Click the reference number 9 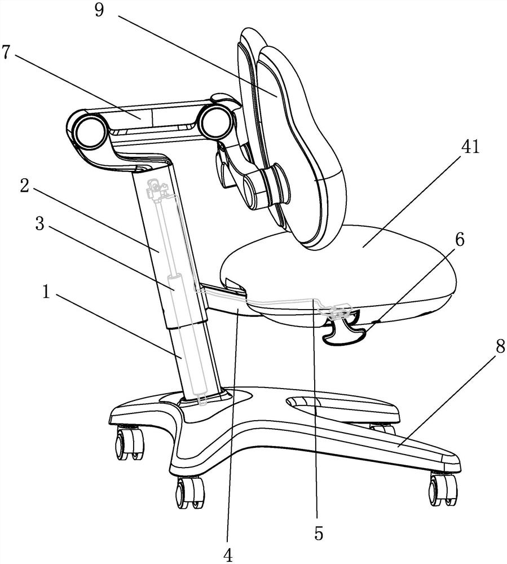99,10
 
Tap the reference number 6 460,240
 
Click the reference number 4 228,556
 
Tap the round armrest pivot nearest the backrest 214,122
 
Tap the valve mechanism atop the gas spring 157,190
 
